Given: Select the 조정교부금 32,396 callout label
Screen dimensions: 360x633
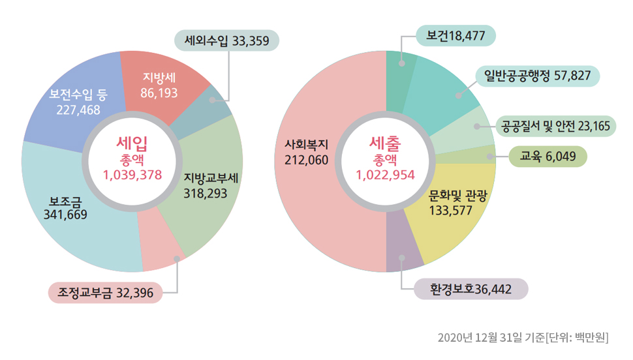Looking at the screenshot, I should click(x=105, y=293).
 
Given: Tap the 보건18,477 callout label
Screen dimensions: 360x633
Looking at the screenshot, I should click(x=455, y=36).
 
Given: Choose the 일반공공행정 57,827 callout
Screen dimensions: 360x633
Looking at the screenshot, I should click(x=533, y=76).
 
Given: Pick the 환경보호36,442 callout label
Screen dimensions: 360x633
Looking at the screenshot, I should click(x=470, y=289).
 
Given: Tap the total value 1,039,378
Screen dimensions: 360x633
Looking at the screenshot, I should click(x=132, y=174).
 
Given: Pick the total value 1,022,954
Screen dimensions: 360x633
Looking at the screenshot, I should click(x=385, y=174).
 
